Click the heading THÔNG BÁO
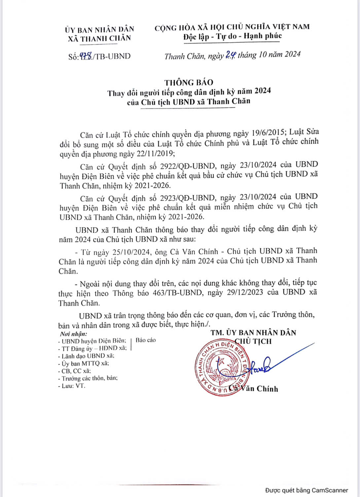189,82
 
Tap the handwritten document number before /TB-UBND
86,56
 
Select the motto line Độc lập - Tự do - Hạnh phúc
233,36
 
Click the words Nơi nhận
73,334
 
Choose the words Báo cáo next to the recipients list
146,340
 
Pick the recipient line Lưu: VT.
71,386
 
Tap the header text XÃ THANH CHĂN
99,38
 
